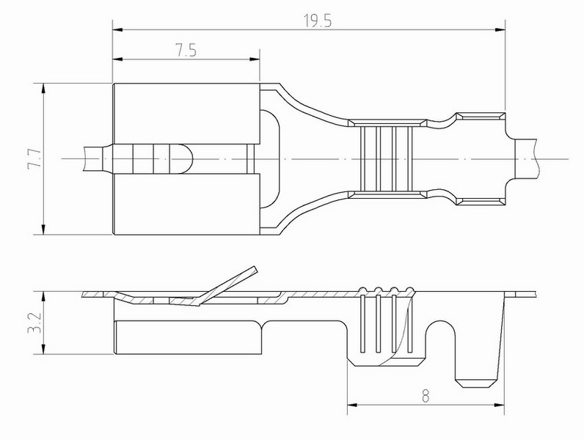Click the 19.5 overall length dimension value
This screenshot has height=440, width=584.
point(318,21)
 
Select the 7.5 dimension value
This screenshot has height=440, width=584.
point(186,51)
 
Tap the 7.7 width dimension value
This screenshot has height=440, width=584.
point(34,159)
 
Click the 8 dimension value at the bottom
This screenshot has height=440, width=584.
point(426,396)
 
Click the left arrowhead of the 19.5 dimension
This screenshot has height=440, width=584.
point(117,29)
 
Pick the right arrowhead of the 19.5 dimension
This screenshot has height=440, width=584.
point(500,29)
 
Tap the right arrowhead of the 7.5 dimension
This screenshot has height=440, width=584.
point(255,59)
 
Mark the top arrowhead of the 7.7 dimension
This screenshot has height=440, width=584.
point(43,89)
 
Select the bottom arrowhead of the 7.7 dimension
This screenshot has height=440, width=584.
point(43,230)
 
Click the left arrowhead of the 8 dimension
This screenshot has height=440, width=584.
point(352,405)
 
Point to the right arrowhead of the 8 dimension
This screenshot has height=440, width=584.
point(499,405)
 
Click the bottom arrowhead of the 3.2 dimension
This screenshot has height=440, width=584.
point(43,349)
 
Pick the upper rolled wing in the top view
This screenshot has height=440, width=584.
point(186,114)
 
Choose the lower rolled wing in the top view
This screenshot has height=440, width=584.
point(186,205)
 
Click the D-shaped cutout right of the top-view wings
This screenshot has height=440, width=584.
point(270,159)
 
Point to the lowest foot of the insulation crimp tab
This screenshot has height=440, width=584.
point(476,384)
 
